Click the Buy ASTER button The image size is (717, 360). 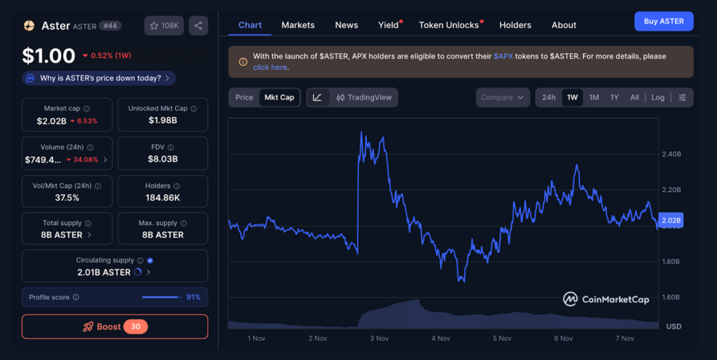click(663, 21)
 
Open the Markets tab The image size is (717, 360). click(298, 25)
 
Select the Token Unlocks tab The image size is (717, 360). click(449, 25)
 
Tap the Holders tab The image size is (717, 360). click(515, 25)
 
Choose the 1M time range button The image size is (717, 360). click(594, 97)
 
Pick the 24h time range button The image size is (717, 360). click(548, 97)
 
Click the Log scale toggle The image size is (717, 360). click(657, 97)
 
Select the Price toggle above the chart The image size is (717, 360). click(244, 97)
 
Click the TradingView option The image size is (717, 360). click(363, 97)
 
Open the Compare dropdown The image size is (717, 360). click(502, 97)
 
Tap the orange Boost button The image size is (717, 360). click(115, 326)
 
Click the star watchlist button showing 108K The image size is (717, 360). click(164, 26)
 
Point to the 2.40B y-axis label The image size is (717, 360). click(671, 154)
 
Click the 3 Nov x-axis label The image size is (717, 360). click(379, 338)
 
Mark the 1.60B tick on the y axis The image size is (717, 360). click(671, 298)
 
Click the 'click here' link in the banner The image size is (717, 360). click(270, 67)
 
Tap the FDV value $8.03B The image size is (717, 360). click(162, 159)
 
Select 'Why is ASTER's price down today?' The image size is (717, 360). click(99, 78)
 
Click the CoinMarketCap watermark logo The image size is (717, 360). click(606, 299)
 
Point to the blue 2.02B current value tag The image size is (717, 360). click(671, 220)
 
